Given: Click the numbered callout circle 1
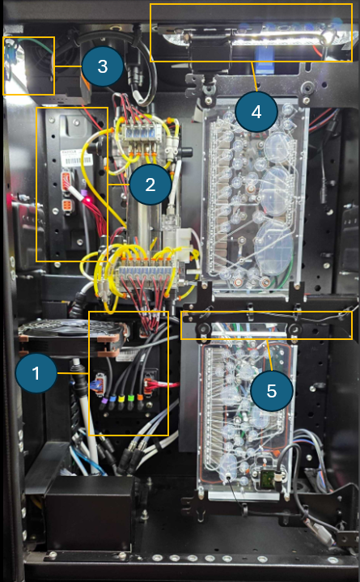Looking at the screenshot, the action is click(x=36, y=373).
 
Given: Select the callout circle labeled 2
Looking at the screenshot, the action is click(x=150, y=184).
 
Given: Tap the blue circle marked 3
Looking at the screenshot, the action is click(x=103, y=66).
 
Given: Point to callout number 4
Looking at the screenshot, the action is click(x=256, y=112).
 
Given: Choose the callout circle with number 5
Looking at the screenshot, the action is click(x=271, y=390).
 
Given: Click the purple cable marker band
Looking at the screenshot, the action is click(x=104, y=401).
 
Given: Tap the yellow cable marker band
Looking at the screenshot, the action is click(x=121, y=399).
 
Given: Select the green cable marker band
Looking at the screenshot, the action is click(x=130, y=398).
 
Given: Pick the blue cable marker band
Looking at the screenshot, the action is click(x=112, y=400).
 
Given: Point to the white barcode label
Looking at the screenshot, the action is click(x=76, y=159).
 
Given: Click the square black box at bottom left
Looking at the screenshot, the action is click(x=89, y=514).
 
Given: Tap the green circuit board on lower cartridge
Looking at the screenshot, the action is click(x=265, y=476).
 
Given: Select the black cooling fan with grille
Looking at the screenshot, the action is click(x=72, y=336).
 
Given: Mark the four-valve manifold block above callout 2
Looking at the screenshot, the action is click(x=139, y=133).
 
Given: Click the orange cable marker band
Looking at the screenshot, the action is click(x=140, y=397).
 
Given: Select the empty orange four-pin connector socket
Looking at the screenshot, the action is click(x=67, y=205).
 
